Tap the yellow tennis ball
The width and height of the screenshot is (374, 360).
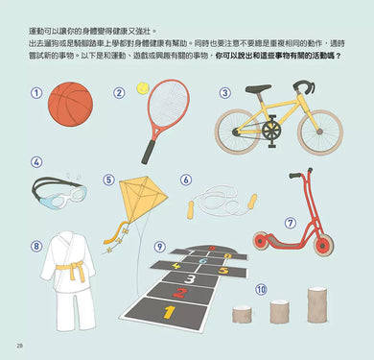point(143,87)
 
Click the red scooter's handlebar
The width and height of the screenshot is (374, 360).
point(304,174)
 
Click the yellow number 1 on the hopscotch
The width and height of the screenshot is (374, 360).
point(169,312)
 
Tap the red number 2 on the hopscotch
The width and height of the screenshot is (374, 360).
point(179,293)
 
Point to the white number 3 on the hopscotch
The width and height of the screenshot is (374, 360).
point(192,278)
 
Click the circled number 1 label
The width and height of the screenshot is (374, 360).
point(36,94)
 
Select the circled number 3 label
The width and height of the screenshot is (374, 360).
point(224,94)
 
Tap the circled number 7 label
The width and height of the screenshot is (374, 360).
point(291,223)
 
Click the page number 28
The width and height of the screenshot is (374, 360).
point(19,346)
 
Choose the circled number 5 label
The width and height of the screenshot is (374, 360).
point(108,179)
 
